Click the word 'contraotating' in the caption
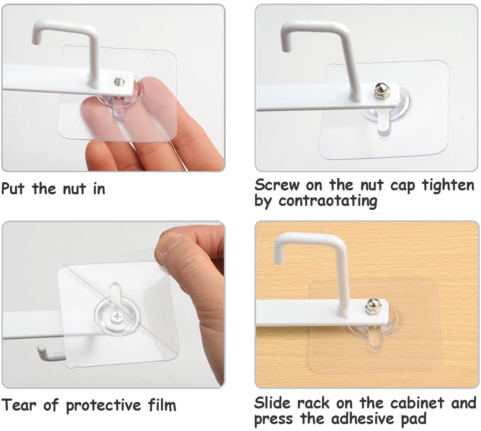328,201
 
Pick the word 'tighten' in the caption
448,186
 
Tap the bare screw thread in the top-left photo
119,81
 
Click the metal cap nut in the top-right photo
382,90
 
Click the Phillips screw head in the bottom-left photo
117,317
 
